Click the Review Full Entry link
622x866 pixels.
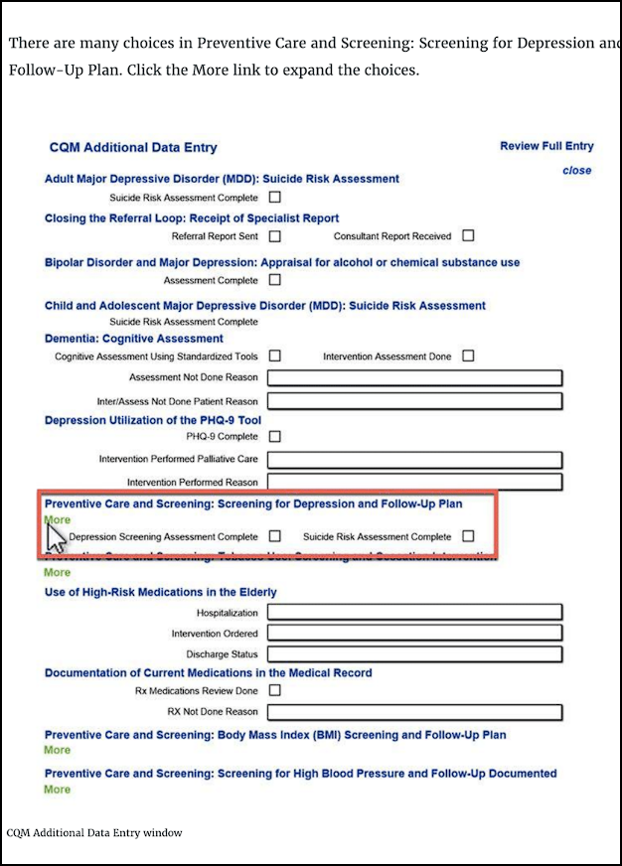[x=546, y=146]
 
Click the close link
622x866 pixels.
[x=576, y=170]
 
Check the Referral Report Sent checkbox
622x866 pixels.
[x=275, y=236]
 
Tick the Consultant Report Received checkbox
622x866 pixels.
[x=468, y=235]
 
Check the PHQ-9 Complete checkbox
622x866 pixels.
[x=275, y=436]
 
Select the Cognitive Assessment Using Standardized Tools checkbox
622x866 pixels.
[x=275, y=356]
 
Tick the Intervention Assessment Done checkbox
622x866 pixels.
[x=468, y=356]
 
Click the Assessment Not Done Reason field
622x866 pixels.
[x=414, y=377]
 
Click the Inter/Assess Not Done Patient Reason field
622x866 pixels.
[x=414, y=401]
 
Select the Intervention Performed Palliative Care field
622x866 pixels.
[x=414, y=460]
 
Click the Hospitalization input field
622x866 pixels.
[x=414, y=613]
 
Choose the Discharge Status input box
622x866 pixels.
[x=414, y=654]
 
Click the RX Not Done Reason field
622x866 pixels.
[x=414, y=712]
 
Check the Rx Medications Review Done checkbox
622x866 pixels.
[x=275, y=690]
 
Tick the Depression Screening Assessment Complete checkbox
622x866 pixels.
[x=275, y=536]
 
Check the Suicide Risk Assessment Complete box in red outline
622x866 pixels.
[x=468, y=536]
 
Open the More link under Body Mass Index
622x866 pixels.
[x=58, y=750]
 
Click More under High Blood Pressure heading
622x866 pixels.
[x=58, y=790]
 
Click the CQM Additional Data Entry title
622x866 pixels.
[x=133, y=148]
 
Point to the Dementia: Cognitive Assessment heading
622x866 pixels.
[x=134, y=339]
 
